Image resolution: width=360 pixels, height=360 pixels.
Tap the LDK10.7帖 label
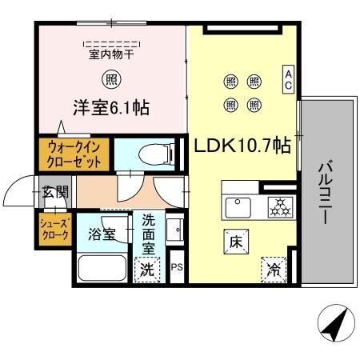tap(242, 146)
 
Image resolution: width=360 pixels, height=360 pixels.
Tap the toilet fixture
tap(152, 154)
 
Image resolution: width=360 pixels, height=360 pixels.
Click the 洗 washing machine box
tap(148, 270)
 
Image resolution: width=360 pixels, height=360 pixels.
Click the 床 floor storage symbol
tap(236, 241)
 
